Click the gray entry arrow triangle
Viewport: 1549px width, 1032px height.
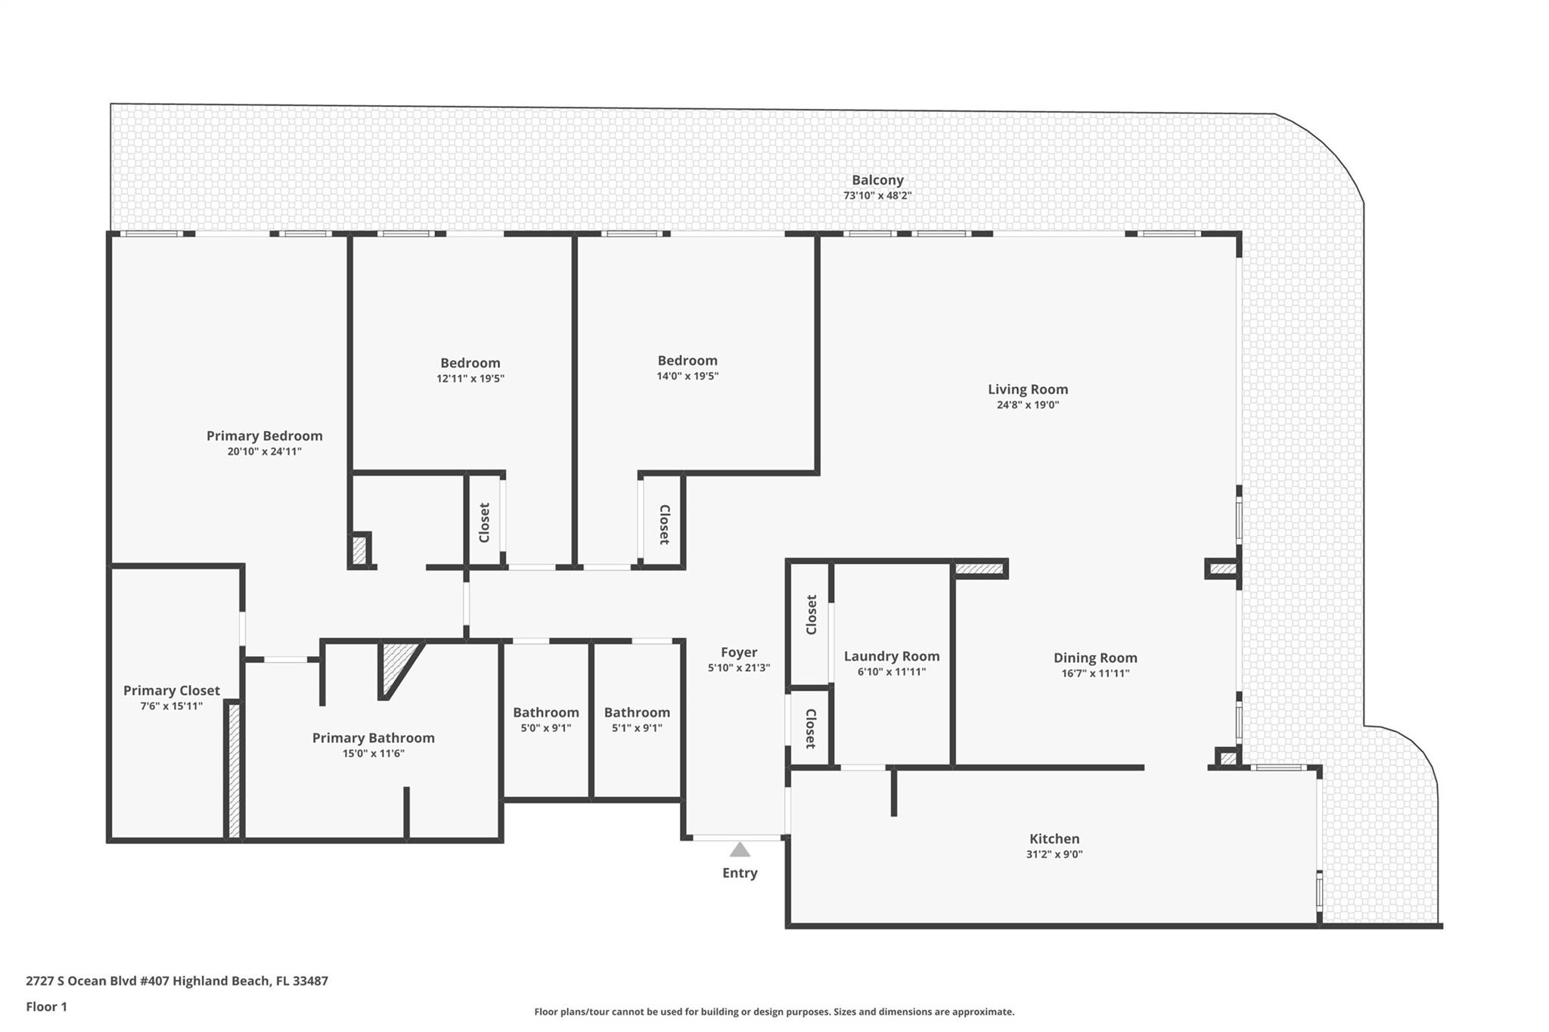tap(740, 850)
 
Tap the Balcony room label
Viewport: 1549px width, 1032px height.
tap(877, 180)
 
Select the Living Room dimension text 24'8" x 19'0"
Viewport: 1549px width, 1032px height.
tap(1027, 405)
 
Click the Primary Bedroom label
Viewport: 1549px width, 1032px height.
tap(264, 435)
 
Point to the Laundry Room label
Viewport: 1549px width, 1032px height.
tap(891, 656)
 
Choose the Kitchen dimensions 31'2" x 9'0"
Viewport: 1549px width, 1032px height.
tap(1054, 854)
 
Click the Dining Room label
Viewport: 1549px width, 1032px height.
tap(1094, 658)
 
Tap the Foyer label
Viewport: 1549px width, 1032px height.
tap(738, 652)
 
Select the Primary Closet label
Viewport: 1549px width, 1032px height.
tap(171, 690)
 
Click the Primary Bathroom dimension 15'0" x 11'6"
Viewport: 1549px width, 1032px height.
tap(373, 754)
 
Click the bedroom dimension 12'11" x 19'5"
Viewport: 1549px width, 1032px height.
tap(470, 379)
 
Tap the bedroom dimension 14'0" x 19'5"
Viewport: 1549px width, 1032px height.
tap(687, 377)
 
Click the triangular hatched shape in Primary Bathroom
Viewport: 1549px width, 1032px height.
tap(395, 665)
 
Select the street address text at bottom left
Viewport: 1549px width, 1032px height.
tap(176, 981)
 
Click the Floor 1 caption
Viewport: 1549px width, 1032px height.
tap(46, 1006)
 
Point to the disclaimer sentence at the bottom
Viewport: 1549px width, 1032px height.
tap(774, 1012)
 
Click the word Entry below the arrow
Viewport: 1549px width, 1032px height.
tap(740, 872)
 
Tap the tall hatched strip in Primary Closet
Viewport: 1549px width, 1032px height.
tap(234, 770)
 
